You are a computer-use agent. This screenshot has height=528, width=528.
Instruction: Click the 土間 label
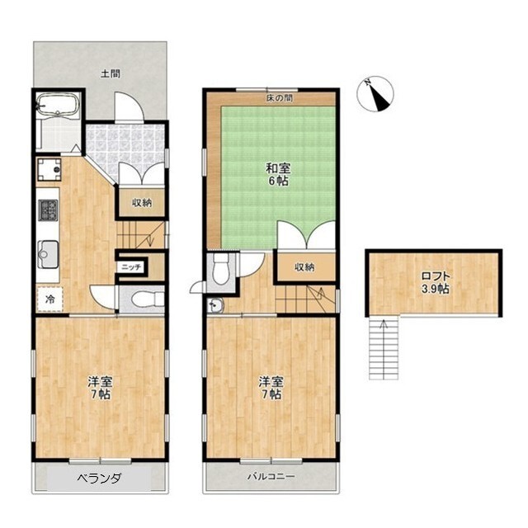(111, 73)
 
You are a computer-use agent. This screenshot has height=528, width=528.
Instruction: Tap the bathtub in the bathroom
(58, 105)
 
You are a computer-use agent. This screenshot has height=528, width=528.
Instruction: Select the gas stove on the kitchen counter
(48, 210)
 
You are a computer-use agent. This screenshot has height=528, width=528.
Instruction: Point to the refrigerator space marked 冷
(49, 299)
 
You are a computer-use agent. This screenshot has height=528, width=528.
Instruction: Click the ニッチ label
(132, 267)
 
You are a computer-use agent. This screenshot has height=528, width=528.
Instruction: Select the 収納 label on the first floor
(142, 203)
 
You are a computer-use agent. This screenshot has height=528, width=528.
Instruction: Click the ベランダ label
(99, 478)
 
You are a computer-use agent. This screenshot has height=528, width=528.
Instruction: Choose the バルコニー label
(271, 477)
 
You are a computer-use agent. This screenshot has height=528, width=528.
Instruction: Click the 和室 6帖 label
(278, 174)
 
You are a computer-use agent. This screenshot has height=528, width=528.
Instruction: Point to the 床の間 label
(280, 98)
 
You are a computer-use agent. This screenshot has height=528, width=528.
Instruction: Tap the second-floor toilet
(221, 267)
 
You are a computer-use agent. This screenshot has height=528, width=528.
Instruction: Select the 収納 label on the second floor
(304, 267)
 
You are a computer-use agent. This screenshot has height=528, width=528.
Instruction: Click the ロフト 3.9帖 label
(436, 282)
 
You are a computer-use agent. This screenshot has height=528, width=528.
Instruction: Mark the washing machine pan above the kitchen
(49, 169)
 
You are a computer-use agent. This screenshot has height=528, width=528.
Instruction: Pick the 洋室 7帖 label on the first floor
(100, 388)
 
